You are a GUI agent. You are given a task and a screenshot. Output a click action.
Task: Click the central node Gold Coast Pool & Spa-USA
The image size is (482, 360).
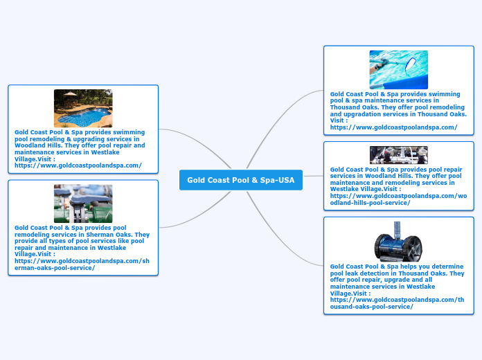241,180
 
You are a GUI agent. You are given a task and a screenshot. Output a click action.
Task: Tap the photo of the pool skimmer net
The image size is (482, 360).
398,70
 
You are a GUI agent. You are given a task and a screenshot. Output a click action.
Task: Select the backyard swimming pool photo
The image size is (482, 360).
83,108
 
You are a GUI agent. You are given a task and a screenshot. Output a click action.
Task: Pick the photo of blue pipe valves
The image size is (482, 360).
83,204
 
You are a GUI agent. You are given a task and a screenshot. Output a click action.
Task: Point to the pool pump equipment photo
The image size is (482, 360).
398,155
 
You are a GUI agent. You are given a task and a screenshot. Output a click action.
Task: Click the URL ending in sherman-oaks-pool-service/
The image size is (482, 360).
82,264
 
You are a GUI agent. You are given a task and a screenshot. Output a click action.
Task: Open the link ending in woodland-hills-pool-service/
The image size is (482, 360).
398,199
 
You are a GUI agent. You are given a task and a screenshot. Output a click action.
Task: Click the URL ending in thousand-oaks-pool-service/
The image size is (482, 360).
397,303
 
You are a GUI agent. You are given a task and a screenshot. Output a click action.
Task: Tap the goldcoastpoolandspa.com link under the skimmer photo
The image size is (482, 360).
394,127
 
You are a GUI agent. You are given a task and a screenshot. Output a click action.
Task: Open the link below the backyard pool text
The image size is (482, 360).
78,165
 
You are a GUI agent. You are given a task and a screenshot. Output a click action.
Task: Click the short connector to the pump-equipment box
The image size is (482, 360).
313,176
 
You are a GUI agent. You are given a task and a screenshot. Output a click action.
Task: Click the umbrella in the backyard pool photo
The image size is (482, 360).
71,94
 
